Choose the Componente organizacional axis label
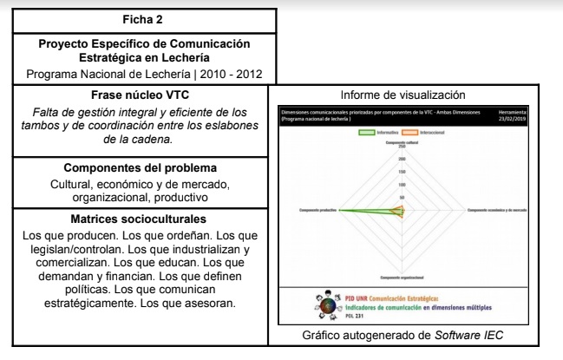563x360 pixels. [x=401, y=278]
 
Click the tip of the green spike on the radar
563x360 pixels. [x=339, y=211]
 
